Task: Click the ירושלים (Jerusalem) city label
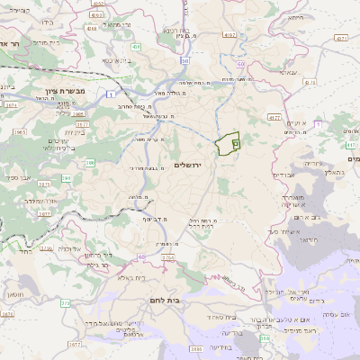(190, 165)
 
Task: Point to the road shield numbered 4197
(229, 34)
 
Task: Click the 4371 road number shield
(339, 39)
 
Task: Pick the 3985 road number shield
(195, 346)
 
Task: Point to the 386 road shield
(90, 163)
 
